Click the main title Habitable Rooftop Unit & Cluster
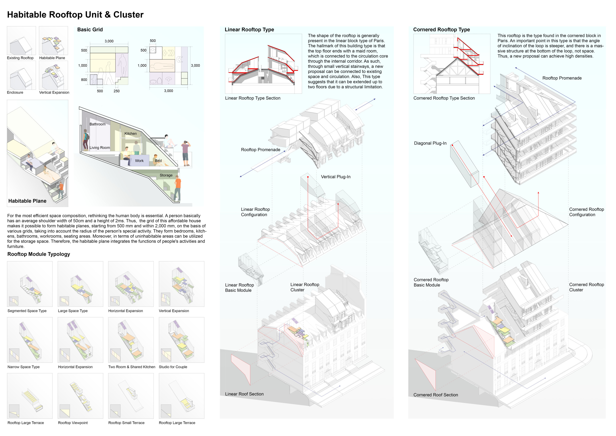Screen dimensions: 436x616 75,15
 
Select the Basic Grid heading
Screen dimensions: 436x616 90,30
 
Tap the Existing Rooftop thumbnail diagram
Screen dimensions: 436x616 21,41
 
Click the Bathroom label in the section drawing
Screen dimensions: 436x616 97,124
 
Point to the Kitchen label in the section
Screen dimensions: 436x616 130,133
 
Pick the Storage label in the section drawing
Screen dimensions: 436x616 166,175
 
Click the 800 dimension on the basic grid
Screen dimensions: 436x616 84,80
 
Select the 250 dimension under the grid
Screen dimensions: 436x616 117,91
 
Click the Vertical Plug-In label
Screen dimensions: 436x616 336,177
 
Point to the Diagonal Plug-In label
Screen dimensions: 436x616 430,143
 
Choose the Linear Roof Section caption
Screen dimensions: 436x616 244,394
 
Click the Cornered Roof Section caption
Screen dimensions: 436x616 435,395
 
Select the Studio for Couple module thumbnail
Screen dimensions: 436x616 181,340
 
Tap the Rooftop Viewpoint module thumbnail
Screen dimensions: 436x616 80,396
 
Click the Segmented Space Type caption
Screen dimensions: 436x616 27,311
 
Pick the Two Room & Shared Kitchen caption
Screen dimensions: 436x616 132,367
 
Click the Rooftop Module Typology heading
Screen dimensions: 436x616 39,254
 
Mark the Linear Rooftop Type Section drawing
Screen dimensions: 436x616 263,64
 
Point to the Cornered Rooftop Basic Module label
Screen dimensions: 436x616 431,282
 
